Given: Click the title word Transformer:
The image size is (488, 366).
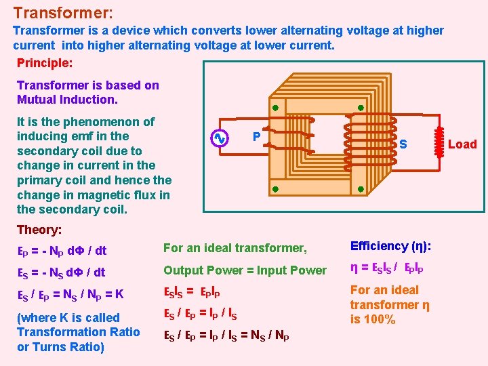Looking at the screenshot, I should coord(63,13).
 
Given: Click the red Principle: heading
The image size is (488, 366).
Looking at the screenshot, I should coord(45,62).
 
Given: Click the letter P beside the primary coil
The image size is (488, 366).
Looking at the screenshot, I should coord(256,136).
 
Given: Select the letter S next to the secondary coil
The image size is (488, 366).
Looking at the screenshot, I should coord(403,144).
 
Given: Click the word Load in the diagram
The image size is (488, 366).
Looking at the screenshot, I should coord(462,144).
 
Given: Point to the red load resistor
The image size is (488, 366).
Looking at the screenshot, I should coord(439,144).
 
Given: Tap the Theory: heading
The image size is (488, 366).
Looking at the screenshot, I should coord(39,230).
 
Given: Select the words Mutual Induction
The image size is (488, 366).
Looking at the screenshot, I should coord(67,100).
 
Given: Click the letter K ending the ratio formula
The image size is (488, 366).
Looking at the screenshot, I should coord(119,295).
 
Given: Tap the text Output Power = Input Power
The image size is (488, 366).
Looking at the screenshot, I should coord(245,270).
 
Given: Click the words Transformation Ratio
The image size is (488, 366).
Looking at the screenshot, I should coord(78,331).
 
